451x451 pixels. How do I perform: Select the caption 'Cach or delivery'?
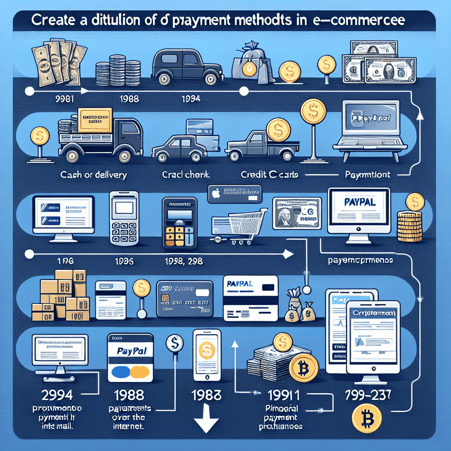(94, 175)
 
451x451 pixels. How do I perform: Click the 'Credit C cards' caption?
(270, 175)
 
